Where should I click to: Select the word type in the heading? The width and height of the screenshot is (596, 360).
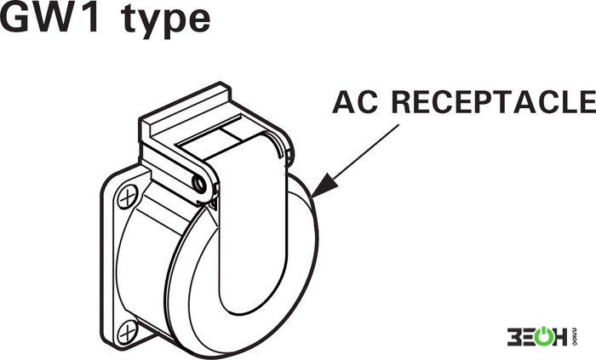(x=167, y=22)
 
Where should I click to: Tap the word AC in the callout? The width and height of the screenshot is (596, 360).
(x=355, y=102)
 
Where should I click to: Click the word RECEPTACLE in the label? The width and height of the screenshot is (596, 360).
(x=494, y=102)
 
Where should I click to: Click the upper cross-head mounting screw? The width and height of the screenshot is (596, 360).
(x=128, y=197)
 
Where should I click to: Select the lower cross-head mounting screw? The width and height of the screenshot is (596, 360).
(x=128, y=332)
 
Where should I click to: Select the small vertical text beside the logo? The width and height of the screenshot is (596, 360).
(x=574, y=337)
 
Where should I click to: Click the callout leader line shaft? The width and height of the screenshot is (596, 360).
(x=365, y=151)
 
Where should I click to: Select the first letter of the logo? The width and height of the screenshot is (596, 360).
(x=514, y=337)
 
